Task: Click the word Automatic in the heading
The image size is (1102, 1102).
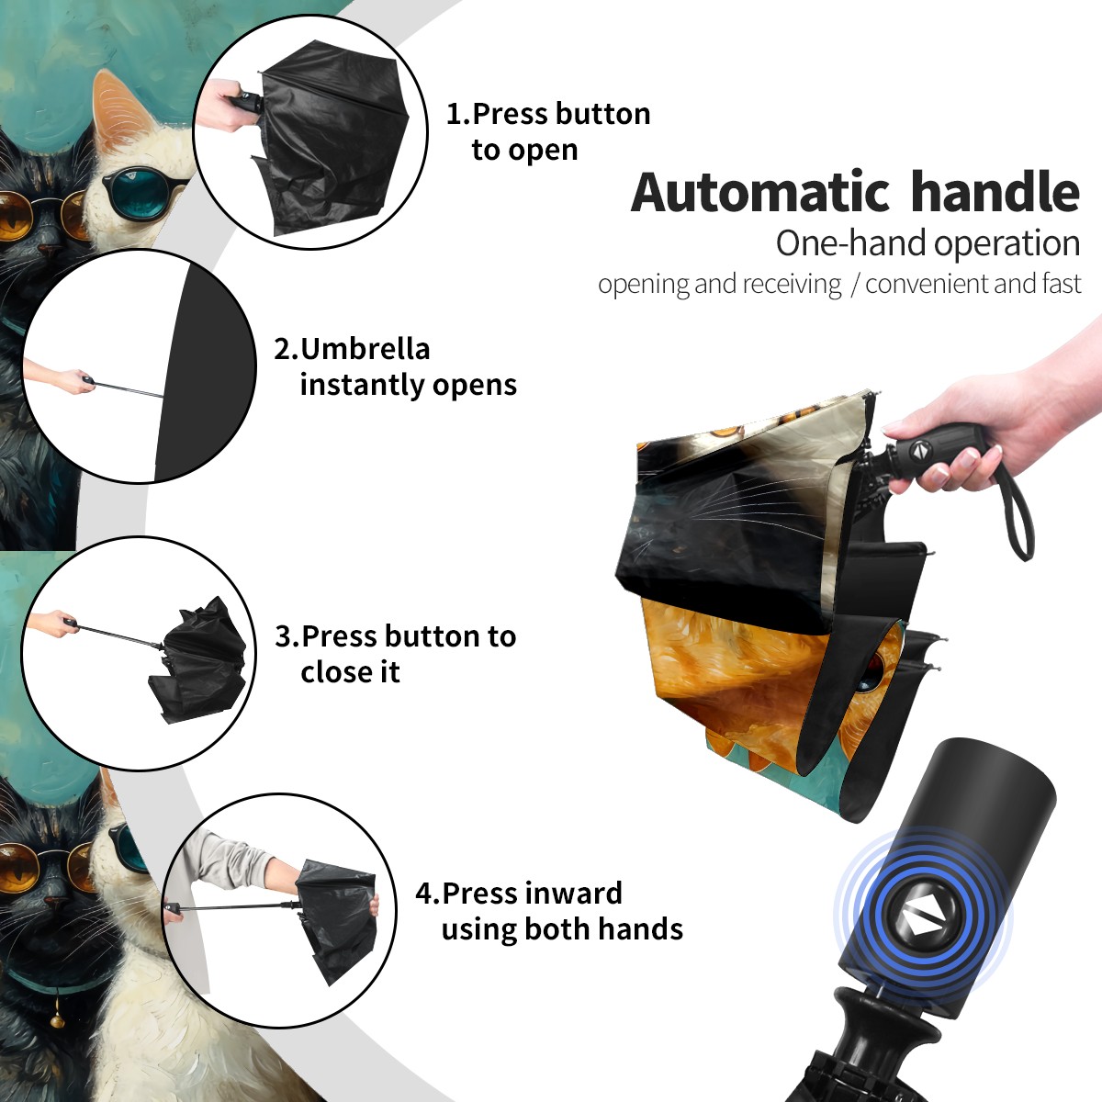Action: [760, 192]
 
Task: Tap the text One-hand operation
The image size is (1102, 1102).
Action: [928, 244]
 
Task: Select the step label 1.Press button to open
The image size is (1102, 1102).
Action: [548, 131]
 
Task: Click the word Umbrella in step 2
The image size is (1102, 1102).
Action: [365, 349]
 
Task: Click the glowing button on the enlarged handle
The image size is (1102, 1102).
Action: [923, 922]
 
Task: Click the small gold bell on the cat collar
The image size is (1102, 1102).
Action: [57, 1018]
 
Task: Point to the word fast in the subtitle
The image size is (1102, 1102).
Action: [1059, 284]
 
